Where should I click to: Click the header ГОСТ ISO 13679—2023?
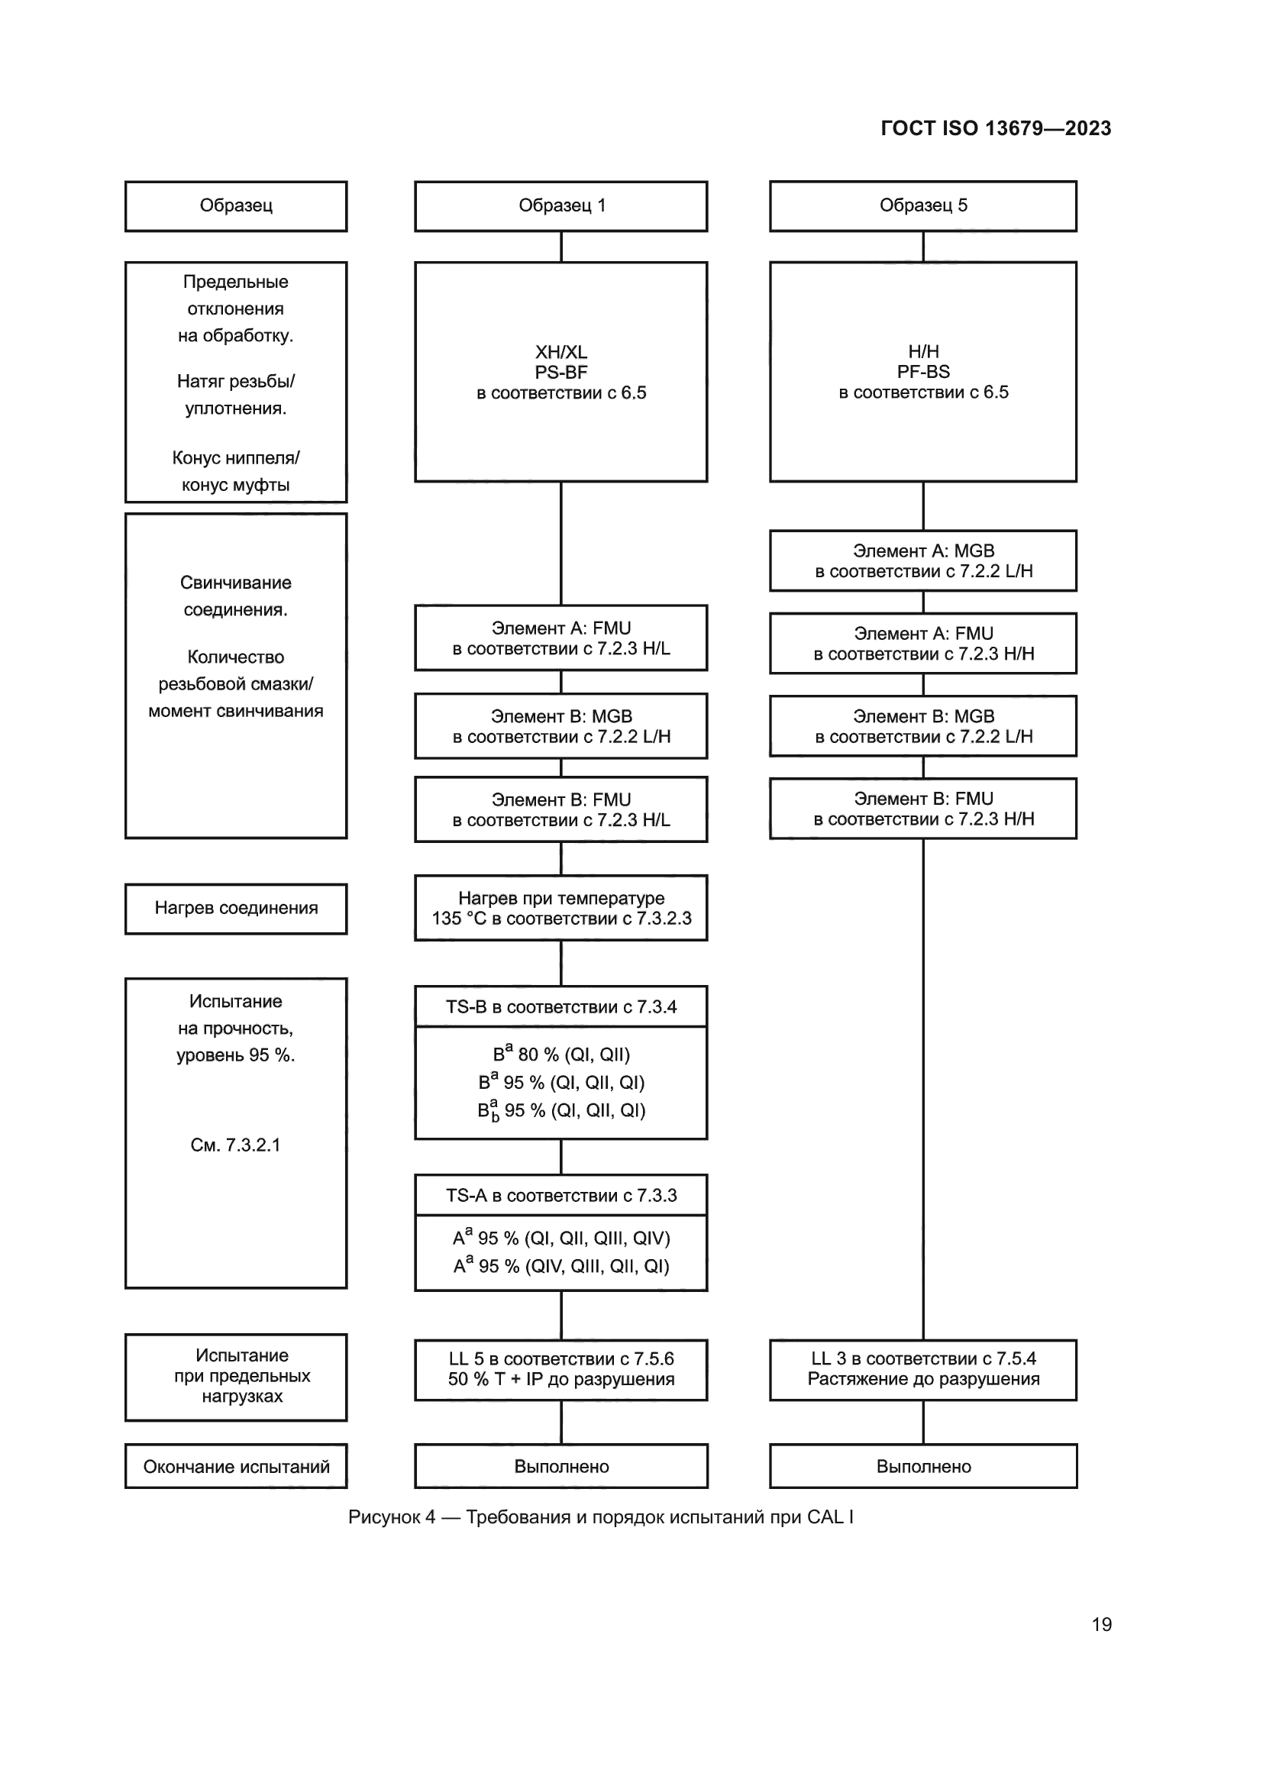(x=996, y=128)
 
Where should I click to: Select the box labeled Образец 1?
(x=560, y=206)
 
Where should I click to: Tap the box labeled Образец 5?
(x=923, y=206)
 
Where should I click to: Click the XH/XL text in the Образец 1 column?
(x=560, y=351)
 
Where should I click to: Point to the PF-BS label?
(x=923, y=372)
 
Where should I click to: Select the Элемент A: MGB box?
(x=923, y=561)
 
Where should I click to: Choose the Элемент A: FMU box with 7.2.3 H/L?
(x=560, y=638)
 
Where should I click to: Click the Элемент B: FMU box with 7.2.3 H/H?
(x=923, y=809)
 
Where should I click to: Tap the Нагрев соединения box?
(x=236, y=909)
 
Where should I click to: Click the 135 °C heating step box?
(x=560, y=909)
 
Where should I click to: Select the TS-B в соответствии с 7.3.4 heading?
(x=560, y=1007)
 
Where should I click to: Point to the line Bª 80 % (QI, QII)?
(x=560, y=1054)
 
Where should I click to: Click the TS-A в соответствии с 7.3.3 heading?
(x=560, y=1196)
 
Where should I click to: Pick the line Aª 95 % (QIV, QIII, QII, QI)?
(x=560, y=1266)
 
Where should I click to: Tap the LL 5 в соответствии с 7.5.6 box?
(x=560, y=1370)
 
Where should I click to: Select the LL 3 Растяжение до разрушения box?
(x=923, y=1370)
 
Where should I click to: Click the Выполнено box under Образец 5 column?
(x=923, y=1467)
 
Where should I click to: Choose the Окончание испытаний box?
(x=236, y=1467)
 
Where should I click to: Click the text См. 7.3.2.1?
(x=235, y=1145)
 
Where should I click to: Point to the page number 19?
(x=1101, y=1625)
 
